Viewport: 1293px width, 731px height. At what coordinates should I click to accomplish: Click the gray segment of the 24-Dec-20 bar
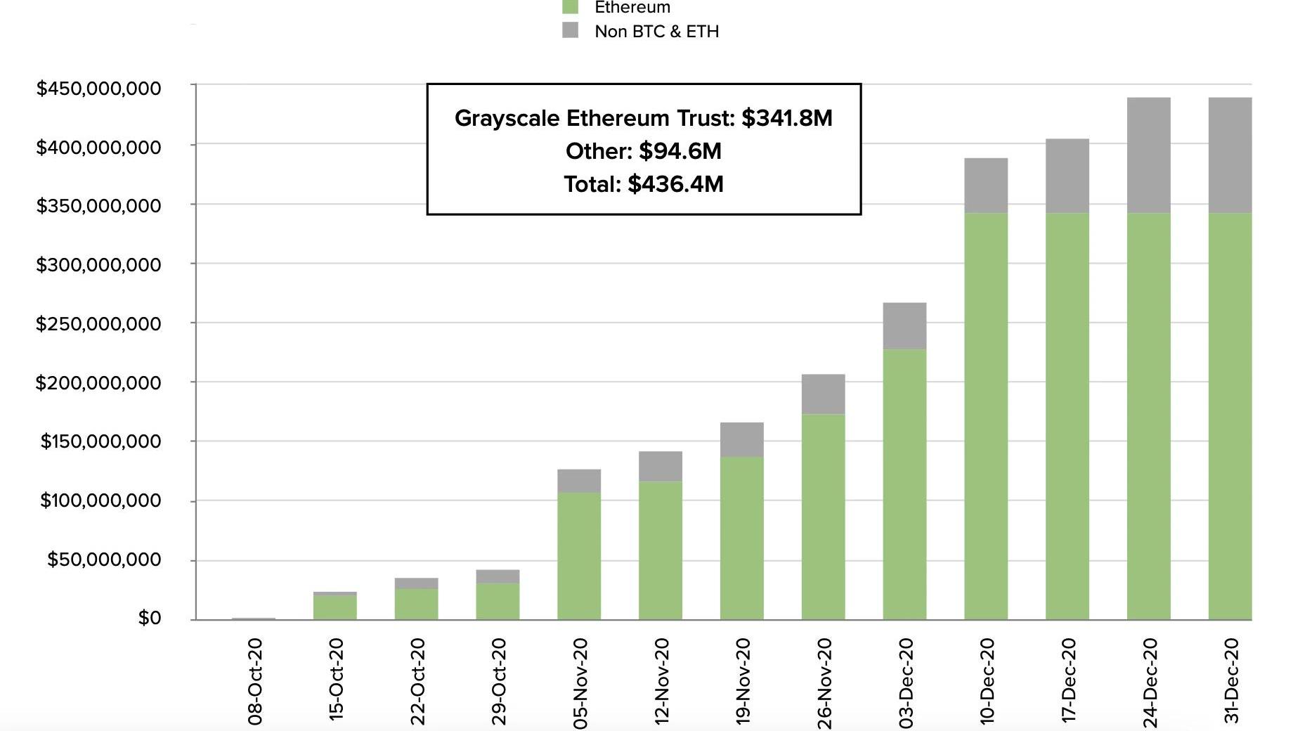pos(1148,155)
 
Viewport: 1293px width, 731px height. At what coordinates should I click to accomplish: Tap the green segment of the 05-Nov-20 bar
pos(579,556)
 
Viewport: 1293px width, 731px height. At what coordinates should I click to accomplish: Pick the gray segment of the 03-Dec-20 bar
pos(904,326)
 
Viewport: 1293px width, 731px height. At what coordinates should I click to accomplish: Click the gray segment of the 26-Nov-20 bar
pos(823,394)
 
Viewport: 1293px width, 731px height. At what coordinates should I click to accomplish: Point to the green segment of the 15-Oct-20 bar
pos(334,607)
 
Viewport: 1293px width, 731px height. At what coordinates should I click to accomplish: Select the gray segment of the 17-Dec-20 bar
pos(1067,176)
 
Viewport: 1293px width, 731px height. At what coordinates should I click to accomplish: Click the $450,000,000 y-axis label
pos(99,89)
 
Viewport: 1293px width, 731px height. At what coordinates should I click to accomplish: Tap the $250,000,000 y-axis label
pos(99,324)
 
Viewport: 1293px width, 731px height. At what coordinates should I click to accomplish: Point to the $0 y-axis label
pos(150,618)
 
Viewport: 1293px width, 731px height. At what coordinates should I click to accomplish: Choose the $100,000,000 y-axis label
pos(100,500)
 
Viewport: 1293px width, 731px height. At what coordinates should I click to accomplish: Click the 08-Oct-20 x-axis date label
pos(255,680)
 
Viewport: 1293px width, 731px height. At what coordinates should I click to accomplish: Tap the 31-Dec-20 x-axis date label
pos(1231,680)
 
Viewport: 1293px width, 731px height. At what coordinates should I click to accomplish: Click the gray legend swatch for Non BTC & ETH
pos(571,30)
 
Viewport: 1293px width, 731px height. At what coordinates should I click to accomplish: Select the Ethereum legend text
pos(632,8)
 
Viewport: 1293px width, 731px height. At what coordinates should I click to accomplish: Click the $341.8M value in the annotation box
pos(787,118)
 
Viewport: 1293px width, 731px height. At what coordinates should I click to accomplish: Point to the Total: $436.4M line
pos(644,184)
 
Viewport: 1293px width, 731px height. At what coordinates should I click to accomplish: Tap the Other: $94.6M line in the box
pos(644,151)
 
